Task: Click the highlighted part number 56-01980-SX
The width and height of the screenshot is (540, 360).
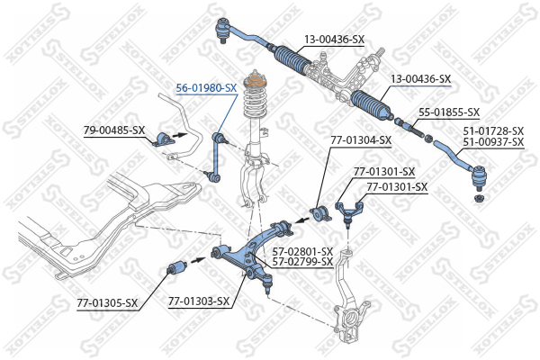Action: [x=206, y=88]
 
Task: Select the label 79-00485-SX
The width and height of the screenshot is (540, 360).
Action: [x=114, y=130]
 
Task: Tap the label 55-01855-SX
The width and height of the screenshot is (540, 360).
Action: [x=449, y=112]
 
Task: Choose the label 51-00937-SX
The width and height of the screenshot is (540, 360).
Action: [x=493, y=142]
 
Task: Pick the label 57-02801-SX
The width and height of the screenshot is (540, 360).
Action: [x=302, y=252]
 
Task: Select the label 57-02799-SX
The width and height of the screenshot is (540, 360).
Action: [x=302, y=262]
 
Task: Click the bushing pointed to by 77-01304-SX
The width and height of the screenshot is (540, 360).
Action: [x=316, y=214]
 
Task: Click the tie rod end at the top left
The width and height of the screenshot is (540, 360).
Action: [x=225, y=33]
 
